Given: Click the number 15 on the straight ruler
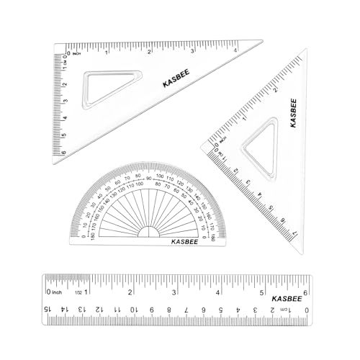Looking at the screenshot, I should [48, 309].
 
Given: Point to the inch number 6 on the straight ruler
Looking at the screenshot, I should [307, 292].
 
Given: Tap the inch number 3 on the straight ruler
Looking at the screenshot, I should [175, 292].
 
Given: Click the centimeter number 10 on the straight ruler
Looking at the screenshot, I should [134, 309].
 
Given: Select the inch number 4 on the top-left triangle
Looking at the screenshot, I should [236, 50].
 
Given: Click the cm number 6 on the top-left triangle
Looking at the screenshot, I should [64, 152].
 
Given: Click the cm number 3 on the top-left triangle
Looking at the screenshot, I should [64, 102].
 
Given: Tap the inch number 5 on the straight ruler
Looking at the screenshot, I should [263, 292].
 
